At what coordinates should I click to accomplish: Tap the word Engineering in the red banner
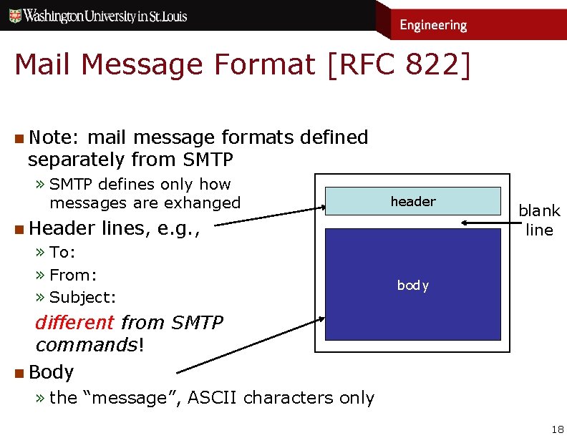pyautogui.click(x=432, y=25)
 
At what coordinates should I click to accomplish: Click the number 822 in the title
pyautogui.click(x=421, y=64)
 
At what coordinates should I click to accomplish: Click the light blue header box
pyautogui.click(x=412, y=201)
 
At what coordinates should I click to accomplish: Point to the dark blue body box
pyautogui.click(x=412, y=284)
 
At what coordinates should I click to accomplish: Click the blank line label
pyautogui.click(x=539, y=220)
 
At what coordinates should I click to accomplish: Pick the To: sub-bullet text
pyautogui.click(x=62, y=252)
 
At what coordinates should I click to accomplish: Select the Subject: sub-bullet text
pyautogui.click(x=82, y=297)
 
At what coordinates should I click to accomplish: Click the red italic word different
pyautogui.click(x=74, y=323)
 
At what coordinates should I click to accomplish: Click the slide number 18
pyautogui.click(x=557, y=429)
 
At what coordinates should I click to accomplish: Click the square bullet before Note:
pyautogui.click(x=19, y=137)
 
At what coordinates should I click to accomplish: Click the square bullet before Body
pyautogui.click(x=19, y=372)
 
